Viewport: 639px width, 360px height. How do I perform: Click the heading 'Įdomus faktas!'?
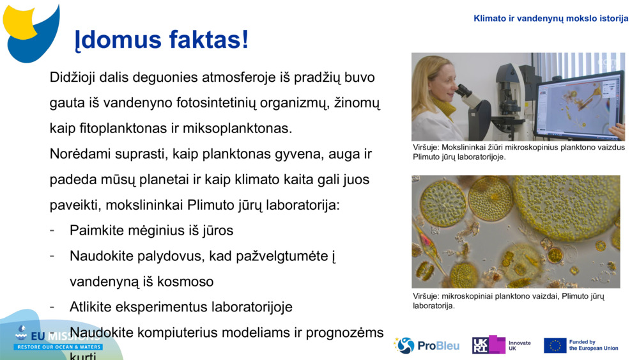pos(162,40)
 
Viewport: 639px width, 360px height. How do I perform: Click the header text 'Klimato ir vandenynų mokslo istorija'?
pos(551,19)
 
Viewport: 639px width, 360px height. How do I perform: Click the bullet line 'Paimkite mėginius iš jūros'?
pos(151,230)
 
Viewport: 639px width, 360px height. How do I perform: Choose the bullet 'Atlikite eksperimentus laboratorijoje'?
pos(181,307)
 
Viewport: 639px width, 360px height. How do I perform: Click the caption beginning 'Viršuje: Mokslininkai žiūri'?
pos(518,152)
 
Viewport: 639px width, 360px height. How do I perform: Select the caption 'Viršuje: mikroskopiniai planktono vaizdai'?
pos(508,301)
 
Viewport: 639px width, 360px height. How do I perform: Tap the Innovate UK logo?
pos(501,345)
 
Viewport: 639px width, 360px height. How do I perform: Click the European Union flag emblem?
pos(555,345)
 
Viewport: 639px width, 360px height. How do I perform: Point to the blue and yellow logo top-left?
pos(31,29)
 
